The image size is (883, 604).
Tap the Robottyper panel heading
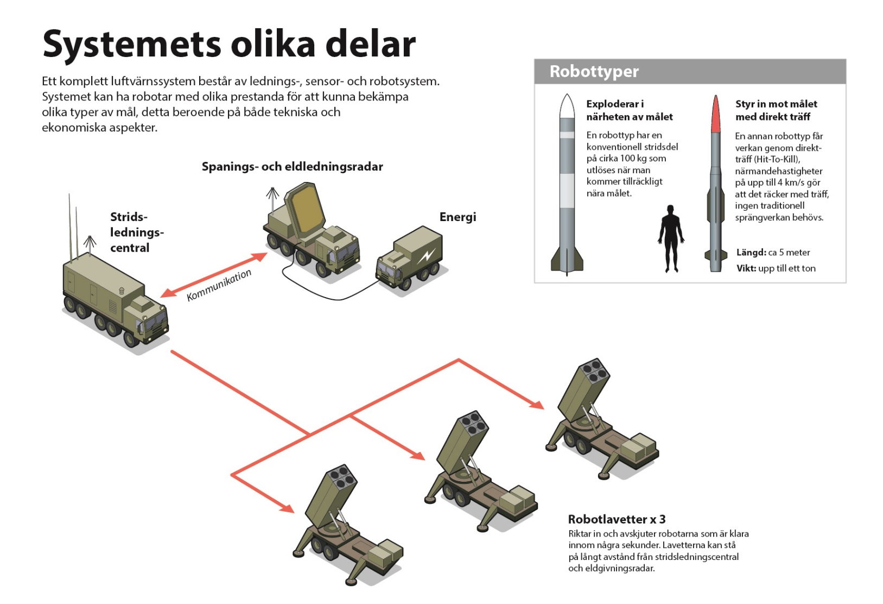[x=594, y=71]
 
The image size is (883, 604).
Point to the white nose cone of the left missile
[x=567, y=106]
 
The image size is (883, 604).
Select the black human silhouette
[x=671, y=238]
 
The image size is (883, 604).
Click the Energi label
[x=458, y=217]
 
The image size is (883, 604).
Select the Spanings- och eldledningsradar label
[x=292, y=167]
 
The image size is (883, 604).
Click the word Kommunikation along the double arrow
[x=219, y=285]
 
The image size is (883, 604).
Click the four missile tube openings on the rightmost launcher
[x=594, y=369]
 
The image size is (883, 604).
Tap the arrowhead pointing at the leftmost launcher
[x=286, y=508]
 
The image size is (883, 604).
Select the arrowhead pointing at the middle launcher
[x=417, y=455]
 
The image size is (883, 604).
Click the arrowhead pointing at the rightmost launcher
[x=536, y=404]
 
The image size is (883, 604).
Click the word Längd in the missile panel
[x=751, y=253]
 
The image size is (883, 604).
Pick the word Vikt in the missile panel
[x=746, y=268]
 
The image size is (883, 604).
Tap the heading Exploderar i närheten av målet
[x=630, y=110]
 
